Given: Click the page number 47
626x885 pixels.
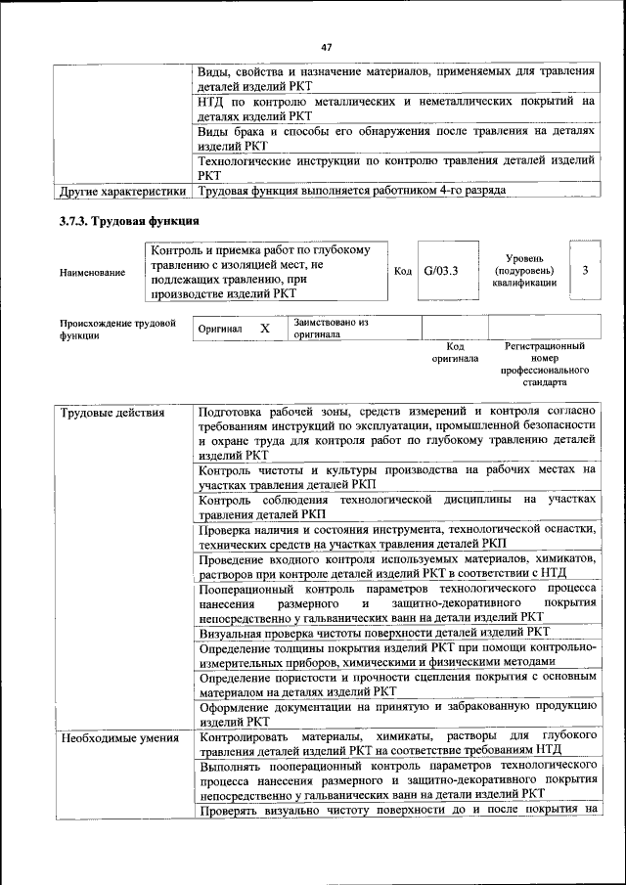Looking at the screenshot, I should [x=327, y=45].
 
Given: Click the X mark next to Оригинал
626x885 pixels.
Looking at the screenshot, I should [x=264, y=329].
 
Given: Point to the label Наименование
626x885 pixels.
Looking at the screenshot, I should [x=92, y=272].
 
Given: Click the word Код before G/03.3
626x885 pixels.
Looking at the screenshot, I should [x=403, y=271].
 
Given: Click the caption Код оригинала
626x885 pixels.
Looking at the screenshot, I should [x=455, y=352].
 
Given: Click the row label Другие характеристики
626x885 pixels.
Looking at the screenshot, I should [x=121, y=190].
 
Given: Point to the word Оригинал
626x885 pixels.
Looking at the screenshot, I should [x=219, y=330].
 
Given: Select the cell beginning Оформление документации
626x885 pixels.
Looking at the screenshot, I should [x=396, y=713].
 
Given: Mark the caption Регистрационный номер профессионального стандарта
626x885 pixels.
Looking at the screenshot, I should [x=545, y=364].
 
